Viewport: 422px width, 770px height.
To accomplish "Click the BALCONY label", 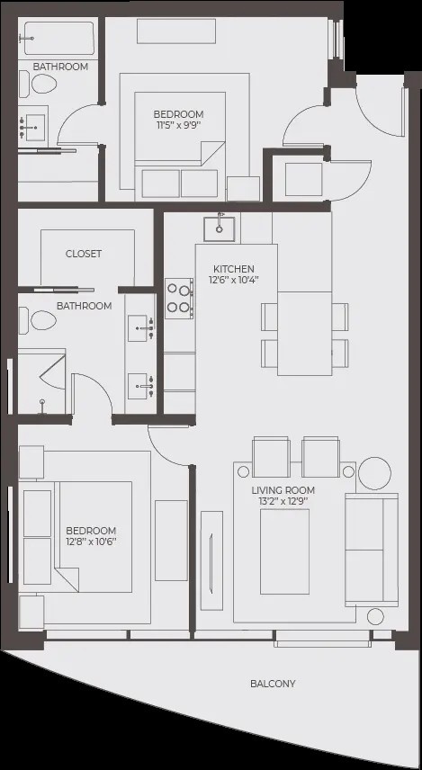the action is tap(273, 684).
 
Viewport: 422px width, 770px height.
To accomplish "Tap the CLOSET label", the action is tap(84, 254).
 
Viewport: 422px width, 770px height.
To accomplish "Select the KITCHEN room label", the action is tap(234, 269).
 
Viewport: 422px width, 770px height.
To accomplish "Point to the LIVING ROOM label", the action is tap(283, 490).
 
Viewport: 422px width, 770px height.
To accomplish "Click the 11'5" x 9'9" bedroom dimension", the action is tap(179, 125).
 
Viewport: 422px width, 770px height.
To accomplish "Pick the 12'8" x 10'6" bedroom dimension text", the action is tap(92, 542).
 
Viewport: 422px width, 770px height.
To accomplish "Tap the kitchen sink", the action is tap(220, 228).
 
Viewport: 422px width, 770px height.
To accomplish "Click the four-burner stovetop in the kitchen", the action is tap(179, 299).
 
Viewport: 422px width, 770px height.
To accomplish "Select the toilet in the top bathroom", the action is tap(38, 84).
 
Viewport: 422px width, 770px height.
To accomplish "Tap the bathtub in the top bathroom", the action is tap(59, 39).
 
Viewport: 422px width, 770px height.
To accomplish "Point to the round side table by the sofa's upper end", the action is tap(375, 473).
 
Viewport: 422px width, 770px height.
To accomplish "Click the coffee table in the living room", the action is tap(284, 551).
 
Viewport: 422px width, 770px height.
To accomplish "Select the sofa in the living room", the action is tap(372, 550).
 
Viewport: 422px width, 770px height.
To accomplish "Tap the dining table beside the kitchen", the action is tap(305, 334).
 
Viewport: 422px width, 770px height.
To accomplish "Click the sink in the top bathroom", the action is tap(33, 127).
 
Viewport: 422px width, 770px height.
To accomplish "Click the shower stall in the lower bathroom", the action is tap(41, 381).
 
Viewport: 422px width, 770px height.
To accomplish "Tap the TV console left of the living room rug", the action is tap(211, 560).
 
